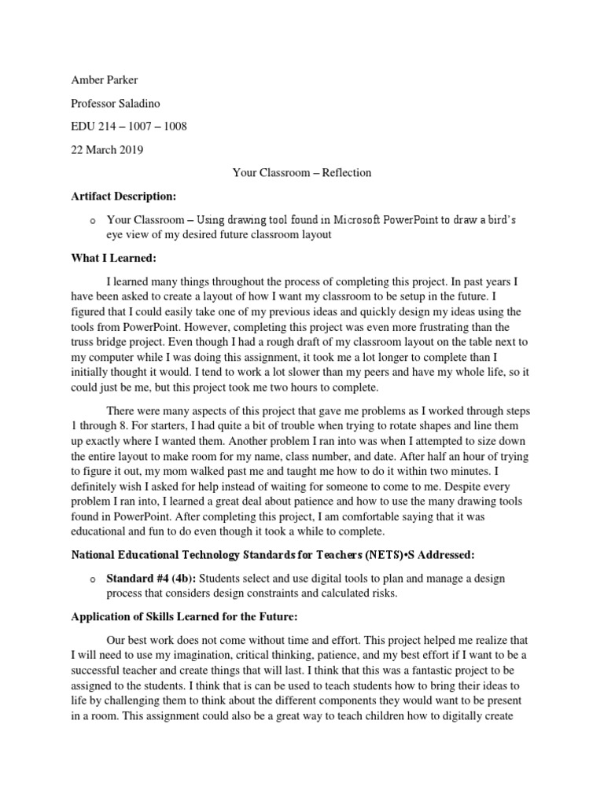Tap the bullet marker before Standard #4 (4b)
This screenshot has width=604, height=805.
(92, 580)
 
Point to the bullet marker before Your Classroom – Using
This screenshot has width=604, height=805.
(92, 219)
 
